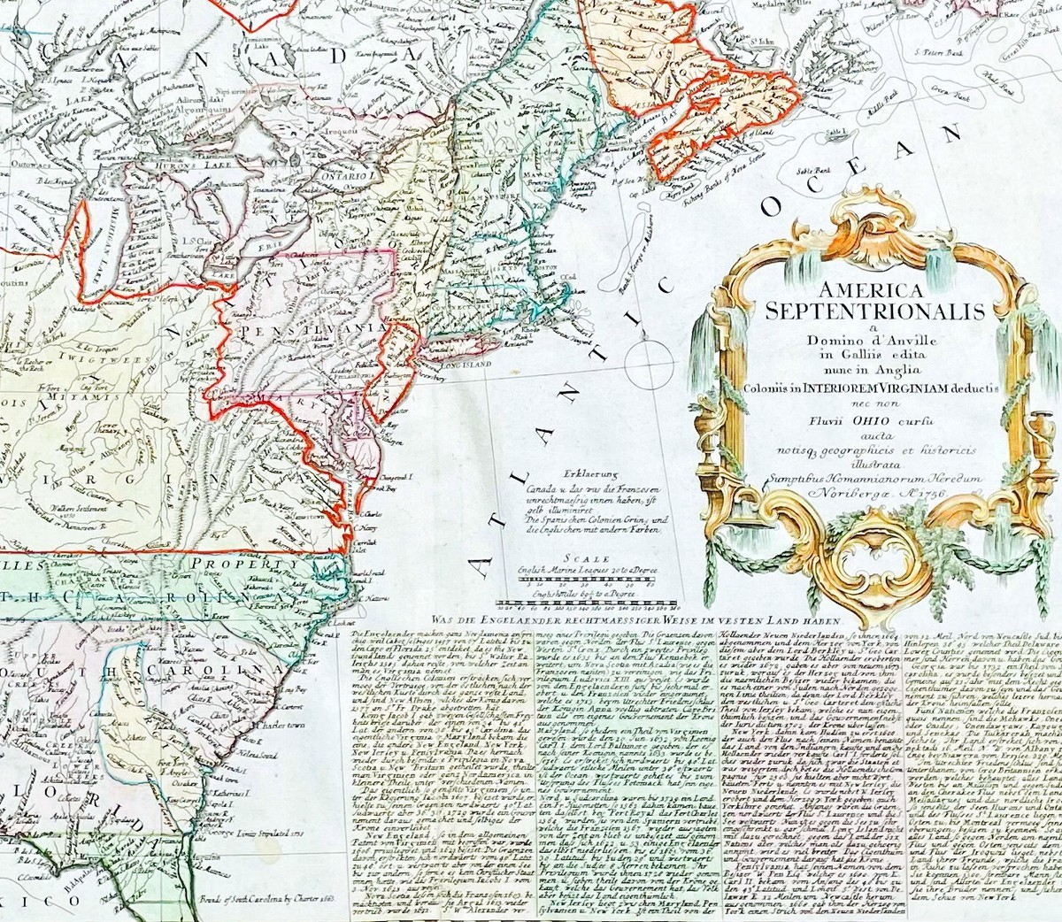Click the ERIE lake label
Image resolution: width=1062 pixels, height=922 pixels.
[x=265, y=250]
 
